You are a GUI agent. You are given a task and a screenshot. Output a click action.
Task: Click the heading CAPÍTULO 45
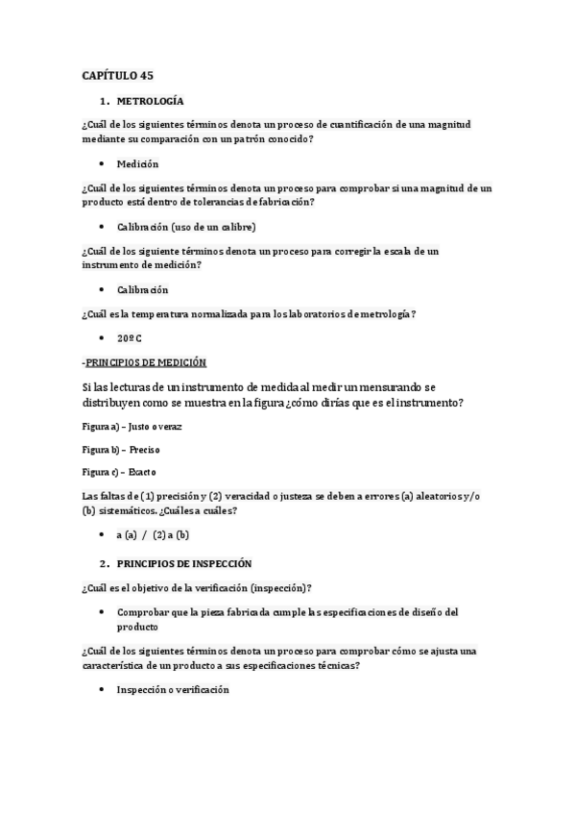coord(117,74)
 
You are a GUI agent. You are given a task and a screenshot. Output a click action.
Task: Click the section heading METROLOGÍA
coord(151,100)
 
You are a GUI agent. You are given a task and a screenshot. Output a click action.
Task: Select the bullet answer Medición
coord(137,163)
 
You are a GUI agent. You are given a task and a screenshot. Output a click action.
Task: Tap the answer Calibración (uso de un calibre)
coord(186,227)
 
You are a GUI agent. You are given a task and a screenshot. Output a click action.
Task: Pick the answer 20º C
coord(130,339)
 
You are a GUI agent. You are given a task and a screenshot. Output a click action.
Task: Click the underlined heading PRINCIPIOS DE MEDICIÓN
coord(145,362)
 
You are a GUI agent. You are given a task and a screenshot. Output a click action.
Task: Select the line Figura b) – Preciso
coord(121,449)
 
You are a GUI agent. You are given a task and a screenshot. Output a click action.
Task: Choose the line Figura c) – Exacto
coord(120,472)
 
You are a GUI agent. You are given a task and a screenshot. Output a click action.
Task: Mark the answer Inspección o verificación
coord(173,689)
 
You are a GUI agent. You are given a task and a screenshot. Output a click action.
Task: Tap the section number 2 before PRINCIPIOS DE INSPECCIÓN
coord(102,563)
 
